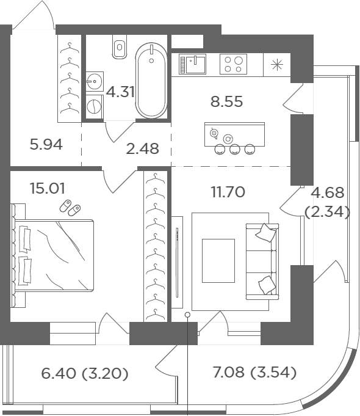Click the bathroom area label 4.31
120,92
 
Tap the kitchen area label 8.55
226,101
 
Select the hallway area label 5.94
46,145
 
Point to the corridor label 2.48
143,148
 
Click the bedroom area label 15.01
48,189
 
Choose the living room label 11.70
228,192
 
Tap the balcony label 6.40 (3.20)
85,373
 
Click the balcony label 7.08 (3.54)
255,372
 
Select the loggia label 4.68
328,193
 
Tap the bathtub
151,80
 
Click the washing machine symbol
95,107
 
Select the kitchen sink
192,64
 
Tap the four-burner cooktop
233,64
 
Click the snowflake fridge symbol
277,65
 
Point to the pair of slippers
70,208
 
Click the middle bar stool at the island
234,150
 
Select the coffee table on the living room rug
218,261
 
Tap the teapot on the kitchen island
214,133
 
